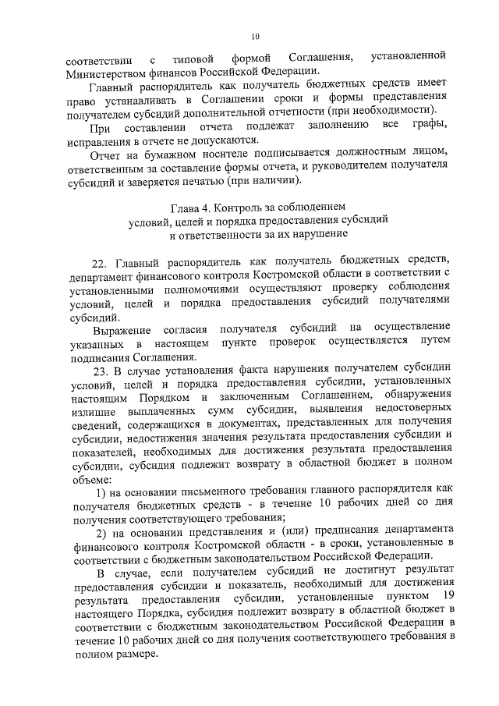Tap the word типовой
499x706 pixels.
click(x=193, y=59)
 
